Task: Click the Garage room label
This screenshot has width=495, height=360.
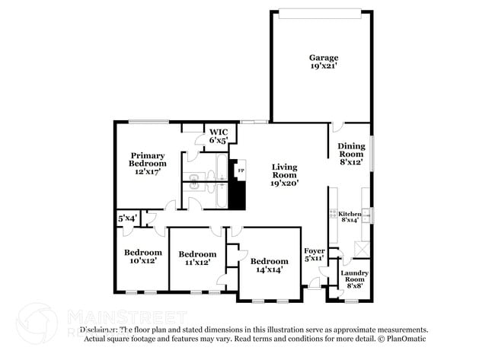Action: [323, 58]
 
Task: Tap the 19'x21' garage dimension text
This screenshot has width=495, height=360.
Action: [323, 67]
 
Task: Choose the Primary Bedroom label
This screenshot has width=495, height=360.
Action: [147, 159]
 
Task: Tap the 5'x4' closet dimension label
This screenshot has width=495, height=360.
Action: [127, 218]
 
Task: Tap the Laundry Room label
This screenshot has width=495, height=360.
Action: [354, 276]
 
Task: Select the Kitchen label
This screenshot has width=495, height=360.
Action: [349, 214]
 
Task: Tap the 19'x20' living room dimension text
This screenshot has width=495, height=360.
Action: [285, 183]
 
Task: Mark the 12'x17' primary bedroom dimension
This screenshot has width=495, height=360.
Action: [147, 172]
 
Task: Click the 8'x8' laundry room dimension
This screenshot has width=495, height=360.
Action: [354, 288]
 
